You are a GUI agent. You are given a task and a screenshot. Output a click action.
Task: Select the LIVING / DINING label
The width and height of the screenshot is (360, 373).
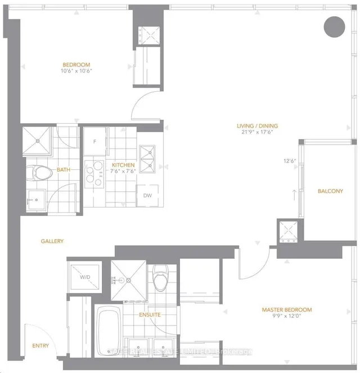[x=257, y=126]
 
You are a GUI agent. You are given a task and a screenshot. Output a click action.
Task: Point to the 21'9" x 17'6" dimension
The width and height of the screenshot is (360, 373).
[x=257, y=134]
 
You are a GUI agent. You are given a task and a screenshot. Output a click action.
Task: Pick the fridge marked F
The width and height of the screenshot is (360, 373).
[x=95, y=141]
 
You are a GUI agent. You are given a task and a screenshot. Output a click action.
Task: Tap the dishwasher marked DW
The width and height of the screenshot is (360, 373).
[x=147, y=196]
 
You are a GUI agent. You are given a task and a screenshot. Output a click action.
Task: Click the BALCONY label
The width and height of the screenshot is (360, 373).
[x=330, y=191]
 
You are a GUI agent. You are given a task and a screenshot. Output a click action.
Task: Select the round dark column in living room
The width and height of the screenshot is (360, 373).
[x=335, y=25]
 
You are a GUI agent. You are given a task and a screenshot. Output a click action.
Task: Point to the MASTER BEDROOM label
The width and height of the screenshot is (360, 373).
[x=286, y=310]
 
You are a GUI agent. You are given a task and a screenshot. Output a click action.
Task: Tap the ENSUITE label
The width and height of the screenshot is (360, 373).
[x=150, y=315]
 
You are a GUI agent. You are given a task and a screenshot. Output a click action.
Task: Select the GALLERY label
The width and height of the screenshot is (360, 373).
[x=52, y=241]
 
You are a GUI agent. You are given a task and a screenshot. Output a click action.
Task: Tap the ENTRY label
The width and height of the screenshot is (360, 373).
[x=40, y=346]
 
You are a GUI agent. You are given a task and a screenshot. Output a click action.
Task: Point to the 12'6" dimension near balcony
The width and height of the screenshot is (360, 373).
[x=290, y=161]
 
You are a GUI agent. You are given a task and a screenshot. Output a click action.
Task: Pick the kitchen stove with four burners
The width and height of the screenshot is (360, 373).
[x=94, y=174]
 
